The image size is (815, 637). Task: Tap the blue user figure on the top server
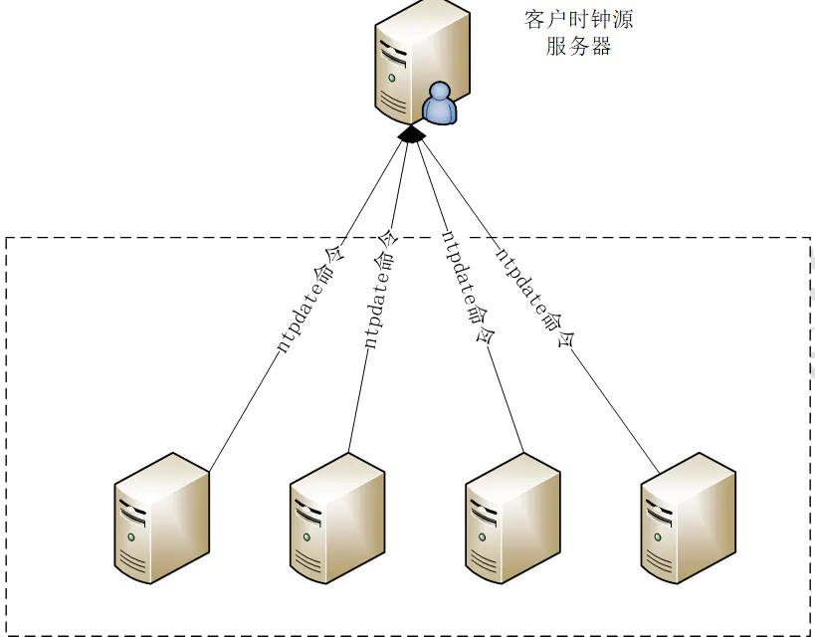click(439, 104)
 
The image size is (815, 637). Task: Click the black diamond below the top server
click(411, 134)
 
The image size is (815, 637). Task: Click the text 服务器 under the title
click(578, 47)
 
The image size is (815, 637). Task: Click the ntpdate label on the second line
click(378, 289)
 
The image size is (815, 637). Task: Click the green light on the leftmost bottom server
click(130, 537)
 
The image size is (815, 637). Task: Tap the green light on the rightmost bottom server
click(656, 537)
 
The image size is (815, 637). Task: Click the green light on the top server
click(392, 78)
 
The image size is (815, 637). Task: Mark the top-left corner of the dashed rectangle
click(8, 238)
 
